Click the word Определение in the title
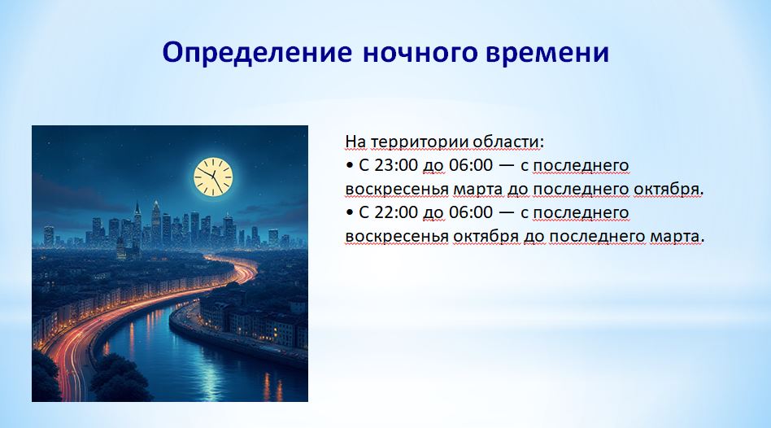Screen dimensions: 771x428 click(257, 53)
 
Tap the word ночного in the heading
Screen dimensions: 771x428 click(420, 53)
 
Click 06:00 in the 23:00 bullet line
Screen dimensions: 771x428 click(471, 165)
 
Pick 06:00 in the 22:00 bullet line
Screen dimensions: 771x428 click(471, 212)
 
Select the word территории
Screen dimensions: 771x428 click(419, 142)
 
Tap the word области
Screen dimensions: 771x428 click(508, 142)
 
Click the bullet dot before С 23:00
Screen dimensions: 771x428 click(350, 166)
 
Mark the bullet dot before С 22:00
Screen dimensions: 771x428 click(350, 213)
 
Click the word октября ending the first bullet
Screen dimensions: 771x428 click(669, 190)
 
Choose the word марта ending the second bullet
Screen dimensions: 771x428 click(677, 237)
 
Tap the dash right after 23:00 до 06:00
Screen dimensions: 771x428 click(507, 166)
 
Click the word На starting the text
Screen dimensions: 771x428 click(355, 142)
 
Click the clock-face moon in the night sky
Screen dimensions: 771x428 click(213, 177)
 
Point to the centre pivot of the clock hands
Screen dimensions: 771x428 click(213, 177)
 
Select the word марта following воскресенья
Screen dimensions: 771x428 click(477, 190)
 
